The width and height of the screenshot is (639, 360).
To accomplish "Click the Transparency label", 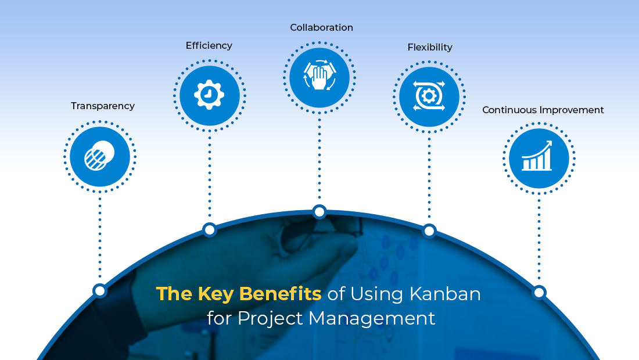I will tap(103, 106).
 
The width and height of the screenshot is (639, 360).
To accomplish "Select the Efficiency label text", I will tap(209, 45).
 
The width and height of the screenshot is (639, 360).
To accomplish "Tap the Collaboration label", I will tap(321, 27).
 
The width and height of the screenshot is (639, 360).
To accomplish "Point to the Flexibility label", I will tap(430, 47).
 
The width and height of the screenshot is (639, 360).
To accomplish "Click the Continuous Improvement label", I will tap(543, 110).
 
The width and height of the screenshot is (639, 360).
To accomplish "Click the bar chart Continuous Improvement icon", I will tap(539, 158).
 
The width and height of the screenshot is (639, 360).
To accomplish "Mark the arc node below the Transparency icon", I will tap(100, 290).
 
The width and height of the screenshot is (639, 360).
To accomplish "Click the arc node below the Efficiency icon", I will tap(210, 229).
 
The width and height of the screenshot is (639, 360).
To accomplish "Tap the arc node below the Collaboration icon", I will tap(319, 212).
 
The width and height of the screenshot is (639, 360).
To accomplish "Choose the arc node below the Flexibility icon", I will tap(429, 231).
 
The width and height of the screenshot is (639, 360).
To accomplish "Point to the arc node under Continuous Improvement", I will tap(539, 292).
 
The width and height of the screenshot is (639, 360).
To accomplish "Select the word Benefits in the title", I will tap(281, 294).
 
